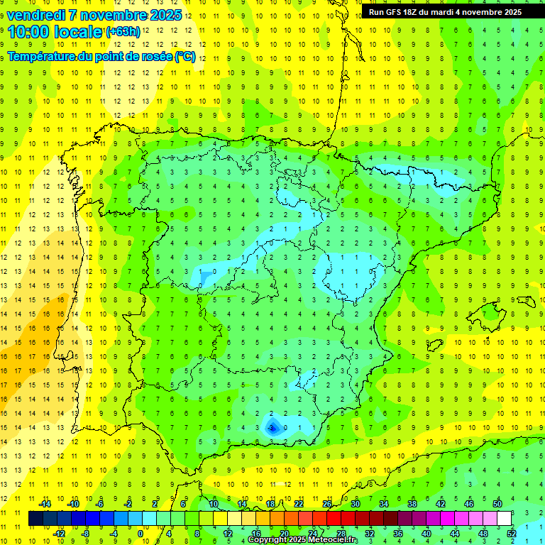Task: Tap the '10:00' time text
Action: (31, 32)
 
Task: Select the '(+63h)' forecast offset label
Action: (122, 31)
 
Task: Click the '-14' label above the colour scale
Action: (45, 503)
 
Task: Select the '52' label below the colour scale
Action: (512, 534)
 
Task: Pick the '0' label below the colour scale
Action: (141, 534)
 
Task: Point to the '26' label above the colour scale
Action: (327, 503)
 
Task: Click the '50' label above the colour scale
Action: (497, 503)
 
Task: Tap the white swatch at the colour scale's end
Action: (505, 519)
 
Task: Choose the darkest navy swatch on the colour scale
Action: (35, 519)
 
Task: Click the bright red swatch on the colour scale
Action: (334, 519)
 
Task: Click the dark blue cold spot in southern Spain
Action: (272, 427)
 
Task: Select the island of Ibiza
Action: (434, 345)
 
